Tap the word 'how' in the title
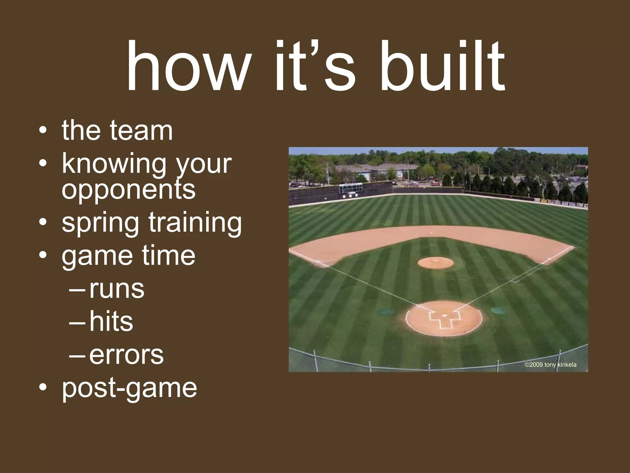(x=188, y=67)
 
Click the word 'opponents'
(x=129, y=189)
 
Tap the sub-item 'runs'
(x=117, y=289)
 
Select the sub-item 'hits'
(x=111, y=322)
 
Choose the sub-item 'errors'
(x=126, y=355)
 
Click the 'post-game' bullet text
(x=129, y=388)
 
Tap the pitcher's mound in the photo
(x=436, y=263)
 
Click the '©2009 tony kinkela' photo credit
(x=550, y=365)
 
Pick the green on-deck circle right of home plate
(x=499, y=310)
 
